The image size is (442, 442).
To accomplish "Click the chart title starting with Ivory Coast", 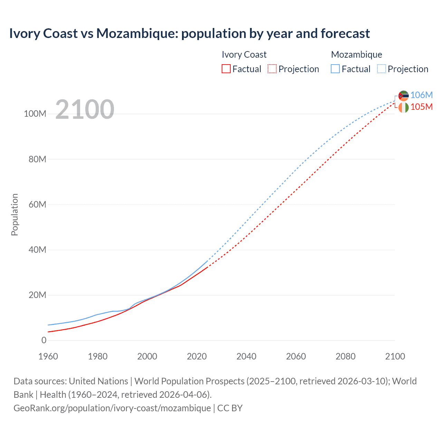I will point(189,33).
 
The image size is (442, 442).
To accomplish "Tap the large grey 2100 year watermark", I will point(85,109).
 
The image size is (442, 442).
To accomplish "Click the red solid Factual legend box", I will point(226,69).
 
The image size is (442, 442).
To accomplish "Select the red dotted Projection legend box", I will point(272,69).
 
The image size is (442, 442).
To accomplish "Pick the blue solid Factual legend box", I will point(335,69).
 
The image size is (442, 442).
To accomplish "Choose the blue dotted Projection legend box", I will point(381,69).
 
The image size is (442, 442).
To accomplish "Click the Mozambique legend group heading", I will point(356,55).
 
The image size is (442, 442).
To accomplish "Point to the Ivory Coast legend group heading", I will point(244,55).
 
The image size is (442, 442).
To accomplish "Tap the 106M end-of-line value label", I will point(421,95).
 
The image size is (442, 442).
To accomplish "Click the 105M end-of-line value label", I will point(421,107).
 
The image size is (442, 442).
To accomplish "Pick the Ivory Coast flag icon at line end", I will point(403,107).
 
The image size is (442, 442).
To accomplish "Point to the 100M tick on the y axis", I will point(35,114).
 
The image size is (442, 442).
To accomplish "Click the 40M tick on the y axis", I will point(37,250).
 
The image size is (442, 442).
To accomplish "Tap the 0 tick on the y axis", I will point(44,340).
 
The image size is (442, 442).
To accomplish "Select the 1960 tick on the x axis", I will point(48,356).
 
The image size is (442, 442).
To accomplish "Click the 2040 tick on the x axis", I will point(246,356).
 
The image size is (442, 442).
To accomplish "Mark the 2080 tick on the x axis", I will point(345,356).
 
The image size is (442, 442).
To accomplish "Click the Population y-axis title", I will point(15,214).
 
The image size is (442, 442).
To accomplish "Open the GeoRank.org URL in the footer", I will point(112,408).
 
